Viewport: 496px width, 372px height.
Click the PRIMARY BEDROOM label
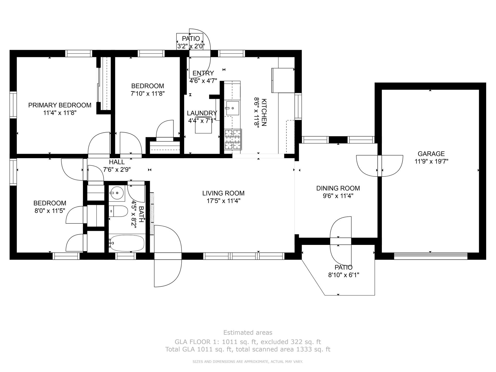point(60,105)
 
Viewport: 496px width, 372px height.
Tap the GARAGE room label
point(431,154)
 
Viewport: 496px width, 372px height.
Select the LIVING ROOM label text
point(223,193)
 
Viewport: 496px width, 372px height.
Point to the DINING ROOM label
point(338,188)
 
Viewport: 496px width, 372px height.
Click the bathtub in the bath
point(127,243)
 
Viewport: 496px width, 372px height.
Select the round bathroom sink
point(117,193)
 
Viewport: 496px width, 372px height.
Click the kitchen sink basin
point(232,108)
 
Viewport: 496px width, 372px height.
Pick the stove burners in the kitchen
point(233,139)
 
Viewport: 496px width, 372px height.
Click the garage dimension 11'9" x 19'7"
point(431,161)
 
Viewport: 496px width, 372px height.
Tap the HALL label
point(117,162)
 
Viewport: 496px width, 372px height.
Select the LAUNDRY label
point(202,113)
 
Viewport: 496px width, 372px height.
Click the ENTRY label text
point(203,73)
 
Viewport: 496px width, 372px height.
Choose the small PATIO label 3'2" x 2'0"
point(191,43)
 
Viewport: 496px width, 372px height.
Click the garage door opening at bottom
point(431,256)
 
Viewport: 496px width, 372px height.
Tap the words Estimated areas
point(248,332)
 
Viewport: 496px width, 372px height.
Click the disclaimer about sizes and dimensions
point(248,362)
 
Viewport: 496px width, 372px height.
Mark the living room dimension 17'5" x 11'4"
point(223,201)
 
